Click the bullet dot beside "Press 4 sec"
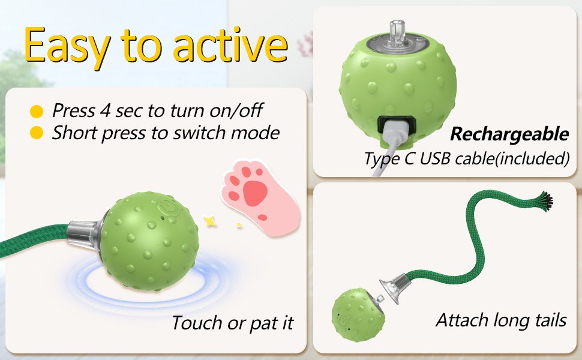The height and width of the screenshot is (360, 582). point(37,112)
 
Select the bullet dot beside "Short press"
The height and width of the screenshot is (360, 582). point(37,133)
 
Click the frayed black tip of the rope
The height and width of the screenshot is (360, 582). point(544,201)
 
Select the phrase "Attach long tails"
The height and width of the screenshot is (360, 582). point(501,320)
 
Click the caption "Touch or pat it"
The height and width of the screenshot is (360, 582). point(232,323)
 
